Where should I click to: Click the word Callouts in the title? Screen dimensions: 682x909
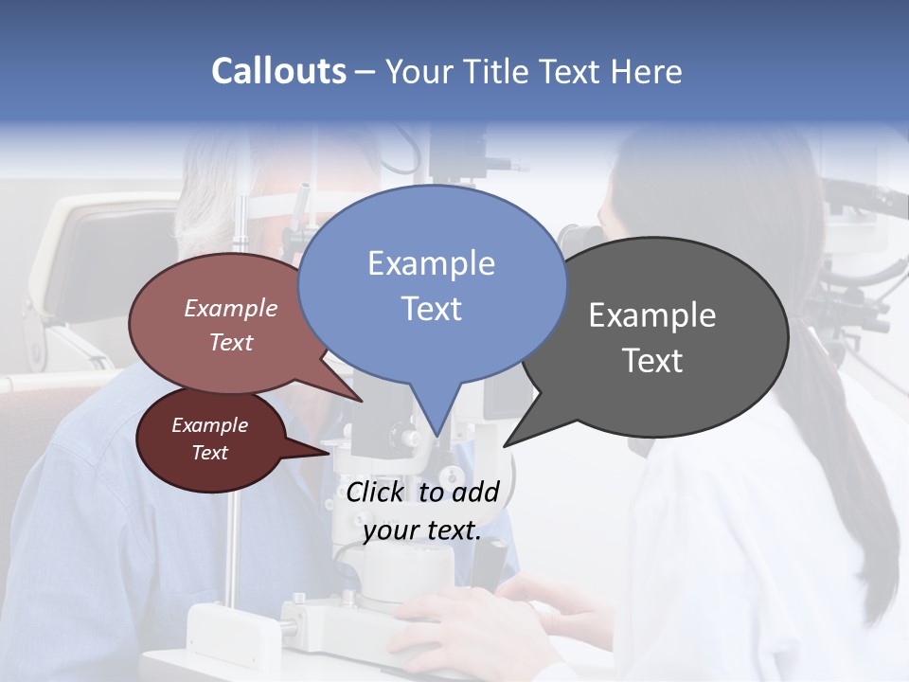(x=278, y=71)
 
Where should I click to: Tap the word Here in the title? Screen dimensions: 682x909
(x=646, y=71)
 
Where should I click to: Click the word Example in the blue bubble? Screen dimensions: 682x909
(x=431, y=263)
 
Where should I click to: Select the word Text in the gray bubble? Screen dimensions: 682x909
(x=652, y=361)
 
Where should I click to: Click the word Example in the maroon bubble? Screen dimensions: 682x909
(x=209, y=425)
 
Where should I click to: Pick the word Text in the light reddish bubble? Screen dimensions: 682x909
(x=231, y=342)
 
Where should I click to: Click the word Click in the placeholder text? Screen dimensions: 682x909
(x=374, y=492)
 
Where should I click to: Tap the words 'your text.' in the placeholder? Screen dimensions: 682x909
(x=422, y=530)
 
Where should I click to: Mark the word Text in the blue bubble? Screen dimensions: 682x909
(x=431, y=309)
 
